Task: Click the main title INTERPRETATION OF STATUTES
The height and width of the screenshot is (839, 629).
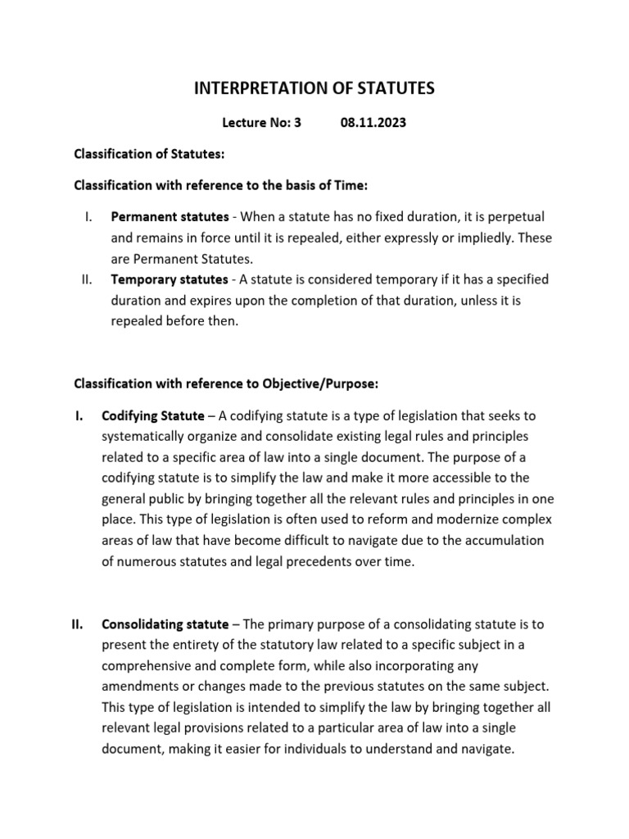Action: pos(314,88)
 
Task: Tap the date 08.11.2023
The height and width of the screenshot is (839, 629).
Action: pos(373,123)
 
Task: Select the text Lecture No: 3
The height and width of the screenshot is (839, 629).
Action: pos(262,123)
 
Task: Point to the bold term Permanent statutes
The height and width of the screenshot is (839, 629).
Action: pos(170,217)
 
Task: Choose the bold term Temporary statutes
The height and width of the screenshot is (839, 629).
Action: pos(170,280)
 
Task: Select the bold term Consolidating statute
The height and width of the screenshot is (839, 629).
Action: pos(165,624)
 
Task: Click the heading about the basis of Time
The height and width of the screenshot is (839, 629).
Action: pos(221,186)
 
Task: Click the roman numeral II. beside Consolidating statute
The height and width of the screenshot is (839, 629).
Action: pos(78,624)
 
